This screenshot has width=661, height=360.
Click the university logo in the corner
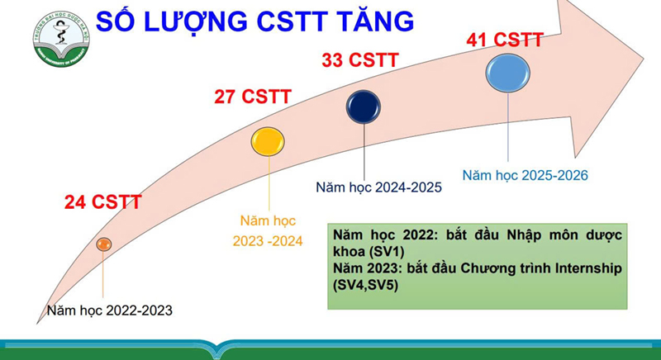click(61, 39)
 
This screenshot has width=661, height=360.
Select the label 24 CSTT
click(103, 202)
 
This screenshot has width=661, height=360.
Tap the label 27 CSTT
click(252, 97)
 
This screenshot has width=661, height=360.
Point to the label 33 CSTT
click(359, 59)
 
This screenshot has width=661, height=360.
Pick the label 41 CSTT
click(504, 39)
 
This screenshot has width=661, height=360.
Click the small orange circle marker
click(103, 244)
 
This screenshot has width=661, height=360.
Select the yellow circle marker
click(268, 142)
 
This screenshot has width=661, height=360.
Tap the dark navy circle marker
click(364, 107)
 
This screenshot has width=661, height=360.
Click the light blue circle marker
click(506, 73)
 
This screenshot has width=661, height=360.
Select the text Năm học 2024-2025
click(378, 187)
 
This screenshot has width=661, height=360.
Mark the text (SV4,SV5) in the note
click(368, 286)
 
